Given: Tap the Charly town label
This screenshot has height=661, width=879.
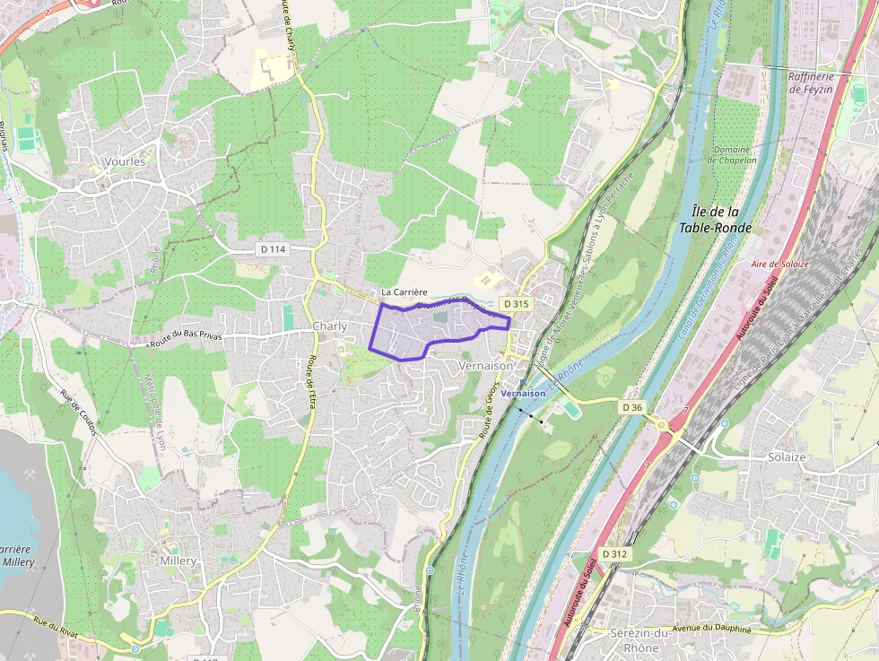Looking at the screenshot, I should click(329, 326).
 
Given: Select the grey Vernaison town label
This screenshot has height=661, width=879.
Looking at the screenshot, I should click(485, 366).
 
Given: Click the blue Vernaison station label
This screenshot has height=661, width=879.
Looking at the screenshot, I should click(524, 394).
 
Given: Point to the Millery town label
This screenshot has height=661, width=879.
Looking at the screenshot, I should click(178, 561).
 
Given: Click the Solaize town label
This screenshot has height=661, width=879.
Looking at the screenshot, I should click(787, 457).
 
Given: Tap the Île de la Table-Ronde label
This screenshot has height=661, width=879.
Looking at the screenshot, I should click(715, 220).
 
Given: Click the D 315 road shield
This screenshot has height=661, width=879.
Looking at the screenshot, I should click(516, 304).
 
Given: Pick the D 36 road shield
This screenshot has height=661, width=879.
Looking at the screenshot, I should click(632, 407).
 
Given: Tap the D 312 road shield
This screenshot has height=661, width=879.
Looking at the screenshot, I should click(615, 554).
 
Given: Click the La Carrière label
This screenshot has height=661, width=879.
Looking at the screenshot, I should click(404, 292).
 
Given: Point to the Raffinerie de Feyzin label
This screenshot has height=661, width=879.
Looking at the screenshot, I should click(811, 83).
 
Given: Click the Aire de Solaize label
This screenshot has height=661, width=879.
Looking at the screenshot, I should click(779, 264).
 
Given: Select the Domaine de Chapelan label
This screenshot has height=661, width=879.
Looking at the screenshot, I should click(734, 154).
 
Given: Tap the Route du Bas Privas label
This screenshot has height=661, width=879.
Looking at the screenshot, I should click(187, 337).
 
